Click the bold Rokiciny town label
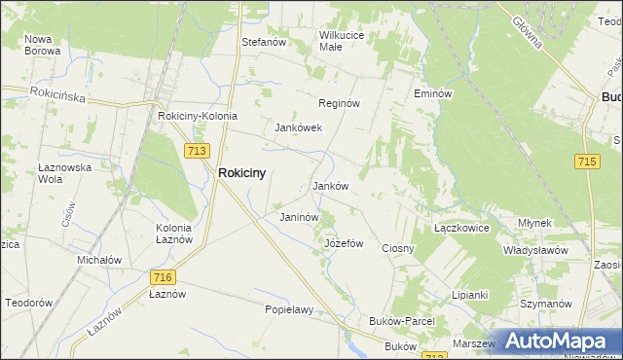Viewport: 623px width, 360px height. click(243, 172)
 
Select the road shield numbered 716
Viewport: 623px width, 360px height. click(163, 277)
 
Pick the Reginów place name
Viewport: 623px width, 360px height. click(340, 103)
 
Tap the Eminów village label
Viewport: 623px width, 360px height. click(433, 93)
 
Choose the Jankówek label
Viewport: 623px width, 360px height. click(298, 127)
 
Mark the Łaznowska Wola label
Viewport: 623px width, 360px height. click(64, 173)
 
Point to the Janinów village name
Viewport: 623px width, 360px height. click(299, 217)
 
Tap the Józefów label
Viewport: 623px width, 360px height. click(344, 243)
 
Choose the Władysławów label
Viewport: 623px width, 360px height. click(535, 250)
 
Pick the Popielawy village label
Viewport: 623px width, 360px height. click(289, 309)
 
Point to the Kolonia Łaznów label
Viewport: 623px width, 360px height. click(174, 234)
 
